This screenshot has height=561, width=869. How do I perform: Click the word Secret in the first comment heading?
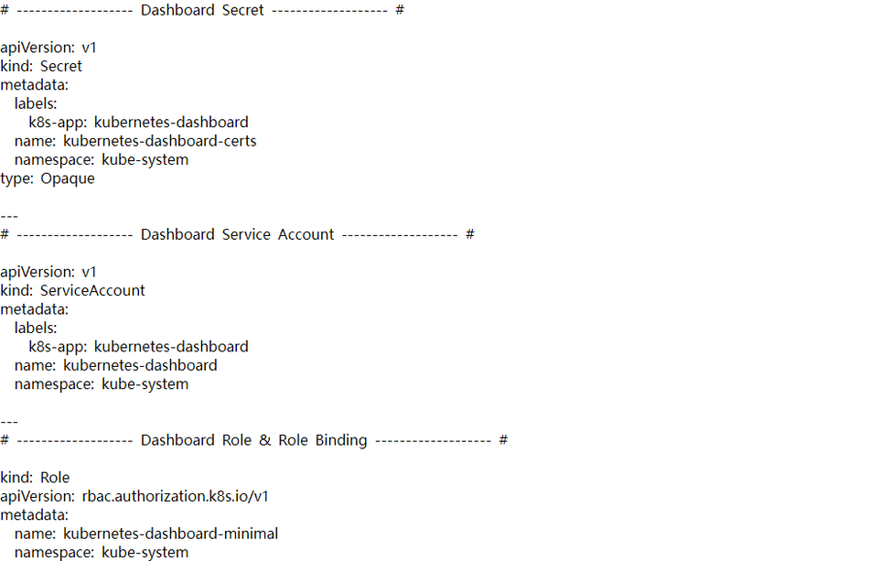[x=242, y=10]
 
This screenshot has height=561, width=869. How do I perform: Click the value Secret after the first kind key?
[x=61, y=66]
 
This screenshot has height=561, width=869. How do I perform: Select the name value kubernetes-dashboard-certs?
[x=159, y=141]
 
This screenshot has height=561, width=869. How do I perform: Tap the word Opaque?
[x=68, y=179]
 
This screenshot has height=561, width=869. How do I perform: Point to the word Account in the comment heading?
[x=306, y=234]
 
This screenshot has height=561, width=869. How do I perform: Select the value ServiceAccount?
[x=92, y=290]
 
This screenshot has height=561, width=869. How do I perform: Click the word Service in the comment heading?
[x=246, y=234]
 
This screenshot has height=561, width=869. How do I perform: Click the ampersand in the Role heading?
[x=265, y=440]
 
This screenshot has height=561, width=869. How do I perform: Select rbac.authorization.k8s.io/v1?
[x=175, y=496]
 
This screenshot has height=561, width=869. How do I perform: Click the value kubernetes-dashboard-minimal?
[x=171, y=534]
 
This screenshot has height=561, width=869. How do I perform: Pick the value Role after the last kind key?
[x=55, y=478]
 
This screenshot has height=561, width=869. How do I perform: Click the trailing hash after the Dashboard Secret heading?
[x=400, y=10]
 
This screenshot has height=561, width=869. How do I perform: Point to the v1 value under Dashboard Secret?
[x=90, y=48]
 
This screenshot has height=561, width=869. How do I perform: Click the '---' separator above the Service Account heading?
[x=9, y=216]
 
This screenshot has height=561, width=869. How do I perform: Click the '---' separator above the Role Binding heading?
[x=9, y=422]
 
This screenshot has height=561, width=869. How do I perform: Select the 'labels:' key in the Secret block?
[x=36, y=103]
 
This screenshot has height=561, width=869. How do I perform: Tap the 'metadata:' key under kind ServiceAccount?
[x=35, y=309]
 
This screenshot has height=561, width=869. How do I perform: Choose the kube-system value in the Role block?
[x=145, y=553]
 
